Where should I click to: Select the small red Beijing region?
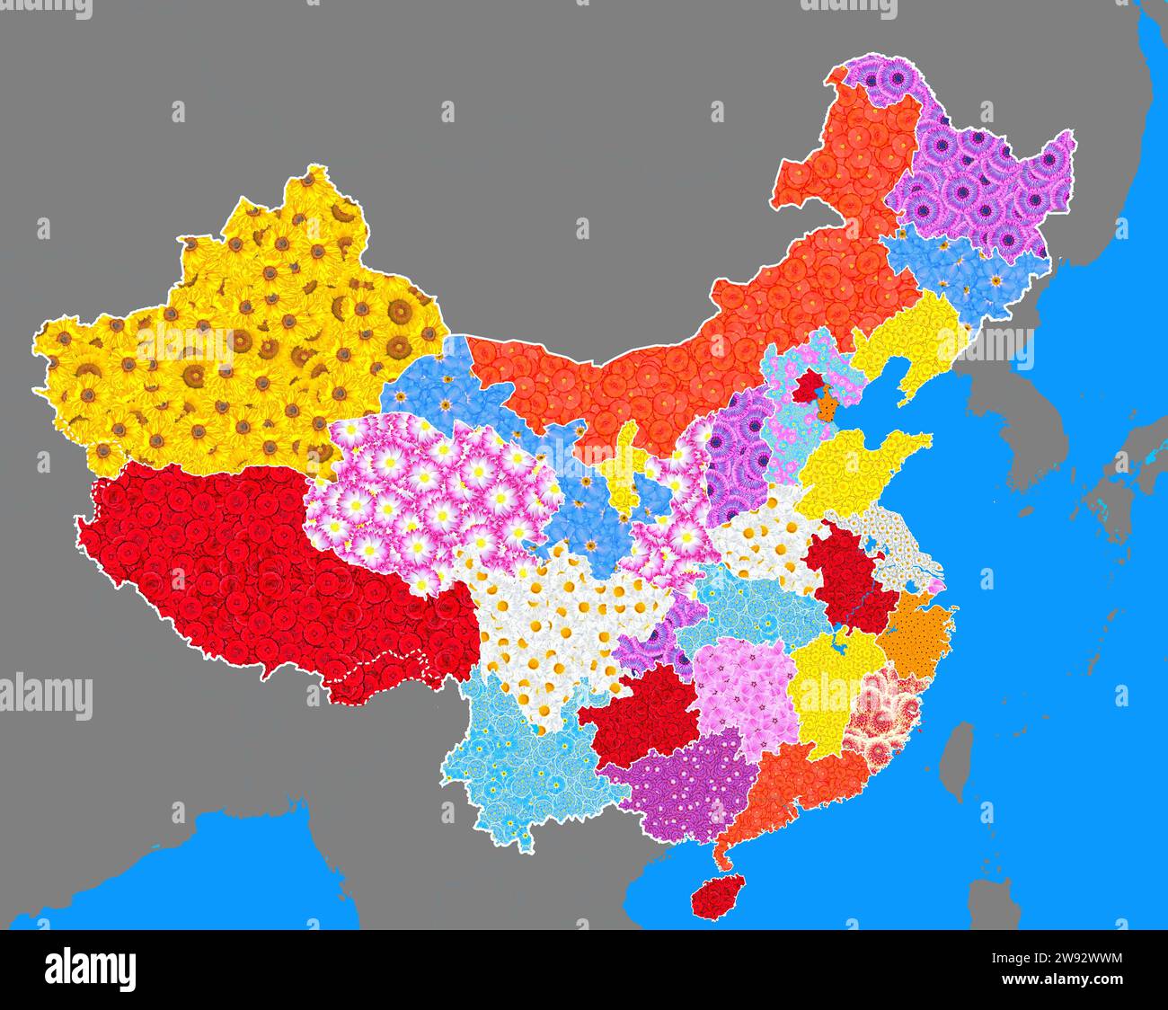coord(809,387)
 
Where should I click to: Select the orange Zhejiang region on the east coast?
coord(916,638)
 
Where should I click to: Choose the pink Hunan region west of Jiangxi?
coord(741,692)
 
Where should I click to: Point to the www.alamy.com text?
coord(1063,979)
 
